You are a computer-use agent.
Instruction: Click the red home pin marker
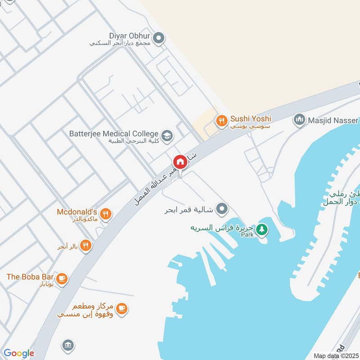coord(180,162)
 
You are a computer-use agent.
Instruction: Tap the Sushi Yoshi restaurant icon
coord(220,120)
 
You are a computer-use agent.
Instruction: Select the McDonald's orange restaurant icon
coord(106,214)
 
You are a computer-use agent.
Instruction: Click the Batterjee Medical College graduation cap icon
coord(167,135)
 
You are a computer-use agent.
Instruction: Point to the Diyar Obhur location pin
coord(158,39)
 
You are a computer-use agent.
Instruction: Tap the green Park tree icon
coord(261,230)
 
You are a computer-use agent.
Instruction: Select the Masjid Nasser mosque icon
coord(299,120)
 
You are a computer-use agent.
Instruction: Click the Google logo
coord(18,353)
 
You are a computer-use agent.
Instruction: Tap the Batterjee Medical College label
coord(114,134)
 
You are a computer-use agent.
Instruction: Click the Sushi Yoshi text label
coord(251,119)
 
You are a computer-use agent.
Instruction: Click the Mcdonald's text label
coord(77,211)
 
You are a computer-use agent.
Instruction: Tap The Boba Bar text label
coord(30,277)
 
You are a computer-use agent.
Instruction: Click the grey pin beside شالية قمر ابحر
coord(221,209)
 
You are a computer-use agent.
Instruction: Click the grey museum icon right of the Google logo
coord(67,345)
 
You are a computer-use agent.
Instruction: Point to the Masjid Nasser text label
coord(333,120)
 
